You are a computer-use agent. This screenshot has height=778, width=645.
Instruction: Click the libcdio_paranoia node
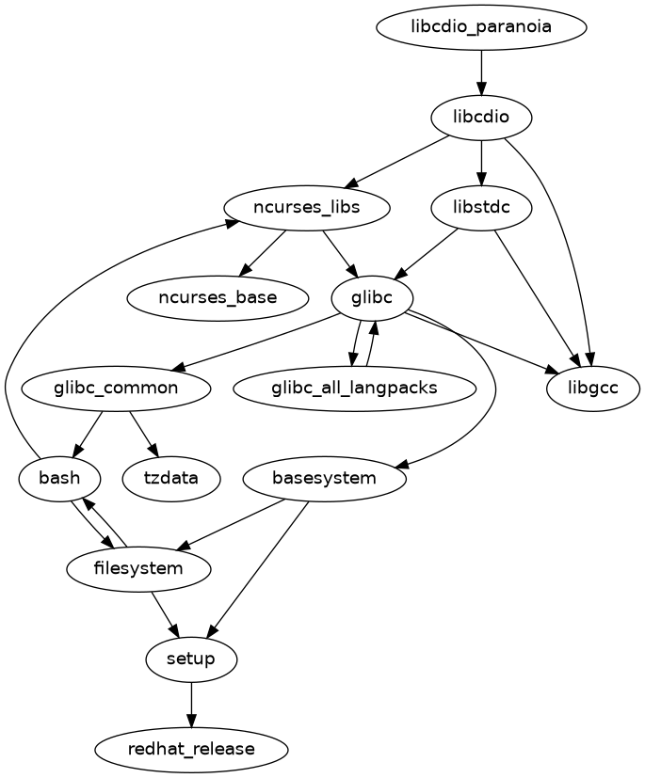point(481,27)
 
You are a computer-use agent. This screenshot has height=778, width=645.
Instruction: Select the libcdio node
point(481,118)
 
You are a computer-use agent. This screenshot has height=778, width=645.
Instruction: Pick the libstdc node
point(481,208)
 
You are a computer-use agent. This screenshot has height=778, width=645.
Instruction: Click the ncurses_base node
point(218,298)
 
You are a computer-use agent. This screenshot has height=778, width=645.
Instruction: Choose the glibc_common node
point(115,388)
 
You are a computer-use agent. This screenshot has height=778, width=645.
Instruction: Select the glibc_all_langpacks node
point(354,388)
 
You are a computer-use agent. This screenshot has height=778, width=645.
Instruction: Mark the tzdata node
point(171,478)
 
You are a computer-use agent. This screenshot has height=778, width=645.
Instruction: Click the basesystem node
point(324,478)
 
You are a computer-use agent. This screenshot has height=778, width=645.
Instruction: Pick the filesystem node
point(138,568)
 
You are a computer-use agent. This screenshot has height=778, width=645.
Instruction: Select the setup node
point(191,659)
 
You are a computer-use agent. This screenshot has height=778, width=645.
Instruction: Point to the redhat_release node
point(191,749)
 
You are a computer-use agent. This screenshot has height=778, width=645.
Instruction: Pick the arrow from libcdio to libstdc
point(481,163)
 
